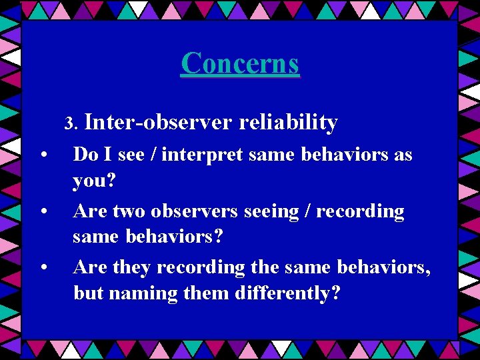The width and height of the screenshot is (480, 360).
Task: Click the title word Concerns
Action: point(240,63)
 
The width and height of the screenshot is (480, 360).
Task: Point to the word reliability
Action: point(288,123)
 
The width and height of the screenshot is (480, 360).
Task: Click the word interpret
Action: point(195,155)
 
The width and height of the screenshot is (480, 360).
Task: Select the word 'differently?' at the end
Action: point(287,293)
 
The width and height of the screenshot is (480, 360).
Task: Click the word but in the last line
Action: point(89,293)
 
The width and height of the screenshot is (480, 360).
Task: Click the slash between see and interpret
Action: point(153,155)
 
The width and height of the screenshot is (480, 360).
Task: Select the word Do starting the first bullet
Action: point(85,155)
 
